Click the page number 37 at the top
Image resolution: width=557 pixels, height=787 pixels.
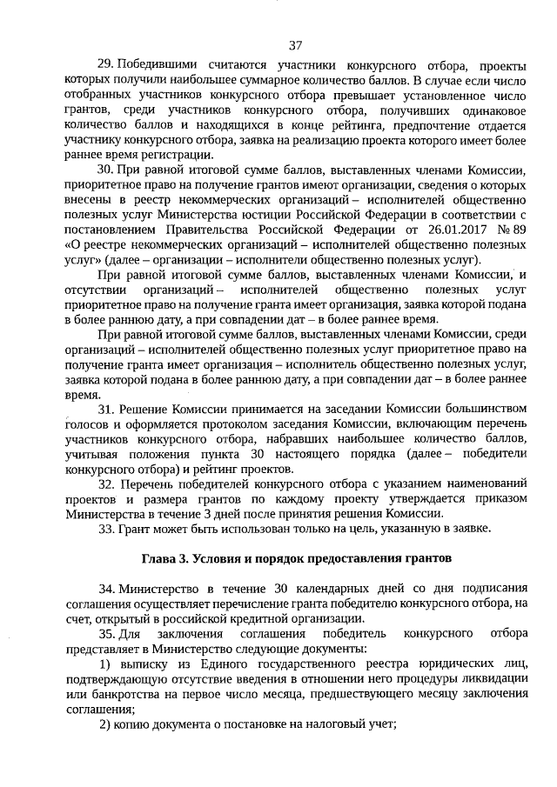(294, 44)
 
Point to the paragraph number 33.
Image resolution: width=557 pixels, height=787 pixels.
(106, 529)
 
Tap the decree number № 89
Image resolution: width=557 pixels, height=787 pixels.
(508, 229)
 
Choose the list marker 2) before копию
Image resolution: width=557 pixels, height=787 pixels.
(104, 726)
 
